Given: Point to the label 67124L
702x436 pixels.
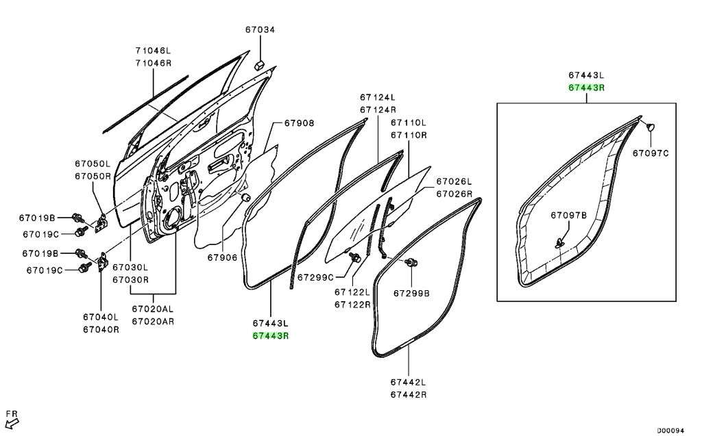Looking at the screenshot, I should (378, 97).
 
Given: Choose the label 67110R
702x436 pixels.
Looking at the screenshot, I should (409, 135).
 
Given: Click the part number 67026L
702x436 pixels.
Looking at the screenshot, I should (455, 181).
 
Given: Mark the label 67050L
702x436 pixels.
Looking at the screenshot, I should (93, 164).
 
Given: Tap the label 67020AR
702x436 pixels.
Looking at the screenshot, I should (153, 321).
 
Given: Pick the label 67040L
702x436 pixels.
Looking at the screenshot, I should (101, 317).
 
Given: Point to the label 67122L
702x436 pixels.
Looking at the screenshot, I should (352, 292).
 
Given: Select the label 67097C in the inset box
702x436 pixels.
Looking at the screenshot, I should (650, 153).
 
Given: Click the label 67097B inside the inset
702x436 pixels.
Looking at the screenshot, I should (569, 215).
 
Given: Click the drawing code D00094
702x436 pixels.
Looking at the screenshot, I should (672, 431).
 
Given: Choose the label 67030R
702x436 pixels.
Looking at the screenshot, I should (130, 279).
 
